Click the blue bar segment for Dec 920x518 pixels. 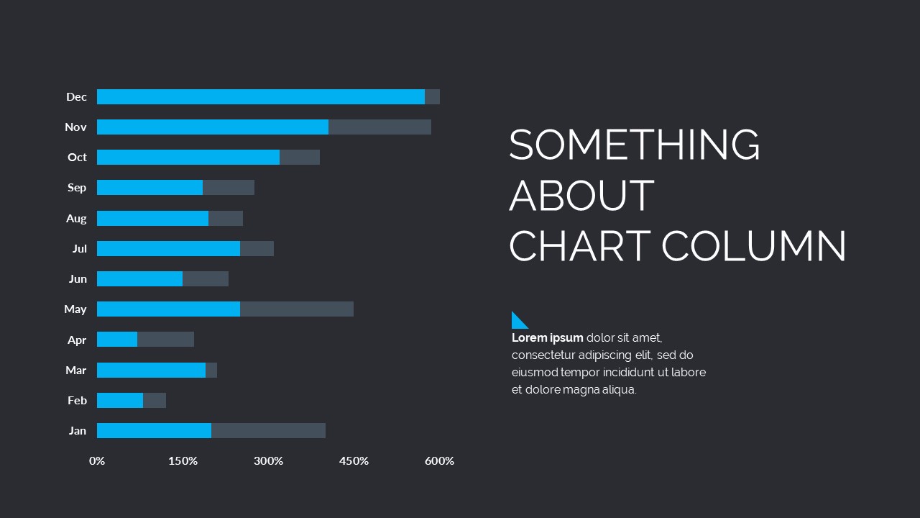pyautogui.click(x=260, y=97)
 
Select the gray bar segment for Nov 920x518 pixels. pyautogui.click(x=379, y=127)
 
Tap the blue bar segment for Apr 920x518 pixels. pyautogui.click(x=117, y=340)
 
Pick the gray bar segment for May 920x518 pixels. pyautogui.click(x=296, y=309)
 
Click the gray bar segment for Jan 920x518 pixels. pyautogui.click(x=268, y=431)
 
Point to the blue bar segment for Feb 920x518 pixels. pyautogui.click(x=120, y=401)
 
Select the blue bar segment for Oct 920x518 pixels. pyautogui.click(x=188, y=158)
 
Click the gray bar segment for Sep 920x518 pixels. pyautogui.click(x=229, y=188)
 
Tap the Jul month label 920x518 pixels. pyautogui.click(x=79, y=249)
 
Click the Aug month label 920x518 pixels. pyautogui.click(x=76, y=219)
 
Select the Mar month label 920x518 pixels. pyautogui.click(x=76, y=371)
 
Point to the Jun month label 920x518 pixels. pyautogui.click(x=78, y=279)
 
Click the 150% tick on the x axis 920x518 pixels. pyautogui.click(x=183, y=461)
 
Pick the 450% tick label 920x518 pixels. pyautogui.click(x=354, y=461)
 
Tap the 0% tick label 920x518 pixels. pyautogui.click(x=97, y=461)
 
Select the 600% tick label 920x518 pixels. pyautogui.click(x=439, y=461)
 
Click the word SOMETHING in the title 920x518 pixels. pyautogui.click(x=634, y=145)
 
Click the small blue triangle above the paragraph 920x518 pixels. pyautogui.click(x=517, y=322)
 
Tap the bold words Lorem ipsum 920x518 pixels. pyautogui.click(x=547, y=338)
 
